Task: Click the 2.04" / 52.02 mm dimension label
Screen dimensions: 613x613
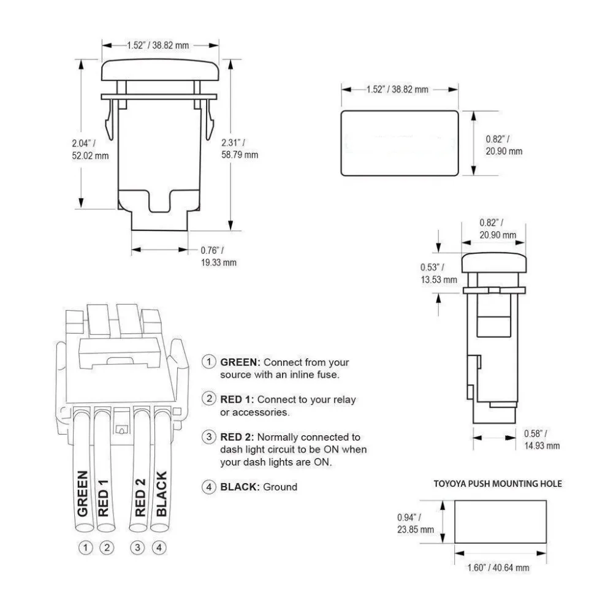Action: [90, 150]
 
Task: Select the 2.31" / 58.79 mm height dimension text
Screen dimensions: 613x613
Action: [240, 150]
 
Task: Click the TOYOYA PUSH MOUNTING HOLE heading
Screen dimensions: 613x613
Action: [497, 484]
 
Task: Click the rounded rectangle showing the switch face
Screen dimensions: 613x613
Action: [399, 143]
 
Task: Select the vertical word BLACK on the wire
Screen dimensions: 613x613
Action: [161, 493]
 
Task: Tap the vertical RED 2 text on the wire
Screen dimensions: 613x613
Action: [140, 497]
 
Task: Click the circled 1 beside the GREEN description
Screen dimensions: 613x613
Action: [210, 362]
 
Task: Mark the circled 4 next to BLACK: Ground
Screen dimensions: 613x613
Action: [210, 487]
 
